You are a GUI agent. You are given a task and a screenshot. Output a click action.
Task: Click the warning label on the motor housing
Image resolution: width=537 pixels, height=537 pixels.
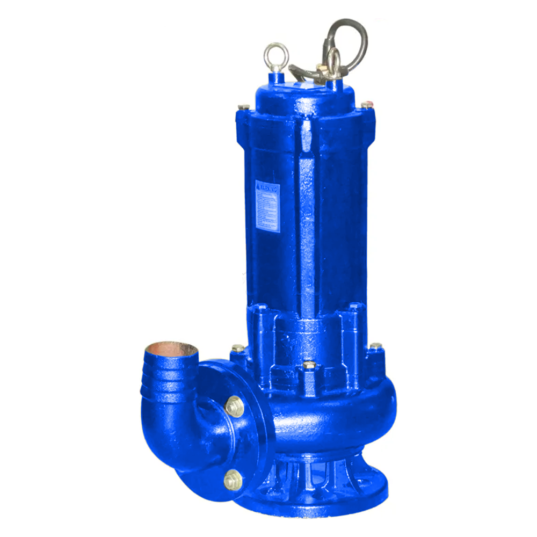pyautogui.click(x=267, y=206)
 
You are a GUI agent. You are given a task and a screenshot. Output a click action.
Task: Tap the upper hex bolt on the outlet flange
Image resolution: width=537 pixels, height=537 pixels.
pyautogui.click(x=234, y=407)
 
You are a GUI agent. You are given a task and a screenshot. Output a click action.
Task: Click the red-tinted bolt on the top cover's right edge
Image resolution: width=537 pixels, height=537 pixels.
pyautogui.click(x=367, y=104)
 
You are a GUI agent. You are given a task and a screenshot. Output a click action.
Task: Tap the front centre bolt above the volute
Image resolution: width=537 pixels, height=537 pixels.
pyautogui.click(x=309, y=366)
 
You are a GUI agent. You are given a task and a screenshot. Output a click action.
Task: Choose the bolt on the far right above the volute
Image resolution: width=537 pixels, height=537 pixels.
pyautogui.click(x=376, y=347)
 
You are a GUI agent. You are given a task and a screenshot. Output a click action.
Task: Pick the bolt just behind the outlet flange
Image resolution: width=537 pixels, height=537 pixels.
pyautogui.click(x=237, y=349)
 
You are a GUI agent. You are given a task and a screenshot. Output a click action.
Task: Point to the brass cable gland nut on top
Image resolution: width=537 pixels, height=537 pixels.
pyautogui.click(x=322, y=68)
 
